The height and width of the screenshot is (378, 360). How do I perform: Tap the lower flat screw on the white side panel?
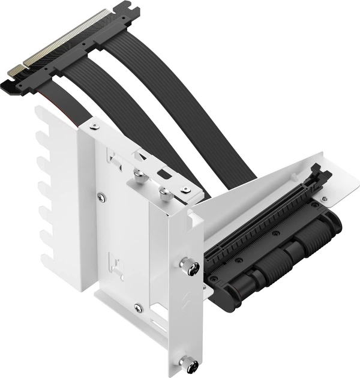click(x=138, y=307)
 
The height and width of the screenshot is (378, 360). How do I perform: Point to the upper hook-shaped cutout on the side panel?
click(x=113, y=158)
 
